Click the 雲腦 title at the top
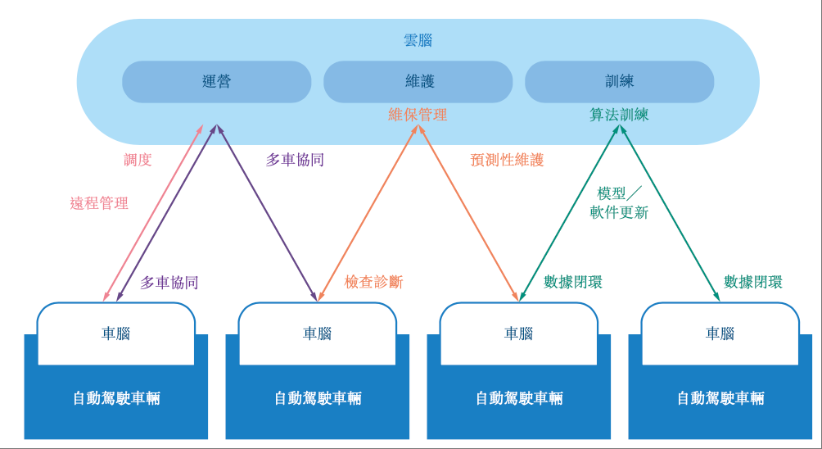click(x=418, y=39)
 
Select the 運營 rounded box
click(x=216, y=82)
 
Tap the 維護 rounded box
click(x=418, y=82)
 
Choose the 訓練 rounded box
click(x=619, y=82)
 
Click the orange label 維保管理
click(x=418, y=115)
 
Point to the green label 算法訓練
click(x=619, y=115)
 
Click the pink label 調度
click(x=138, y=160)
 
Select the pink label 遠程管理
click(x=99, y=203)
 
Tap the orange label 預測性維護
click(x=507, y=160)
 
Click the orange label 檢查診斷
click(x=373, y=282)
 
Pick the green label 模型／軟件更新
click(x=619, y=203)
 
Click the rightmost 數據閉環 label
click(x=752, y=282)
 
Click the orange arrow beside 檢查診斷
click(x=368, y=213)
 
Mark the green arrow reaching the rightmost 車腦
click(x=670, y=213)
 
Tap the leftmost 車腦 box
click(x=115, y=333)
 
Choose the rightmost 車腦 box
click(x=720, y=333)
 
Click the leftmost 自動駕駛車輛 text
click(x=115, y=398)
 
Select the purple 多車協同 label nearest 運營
click(x=295, y=160)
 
